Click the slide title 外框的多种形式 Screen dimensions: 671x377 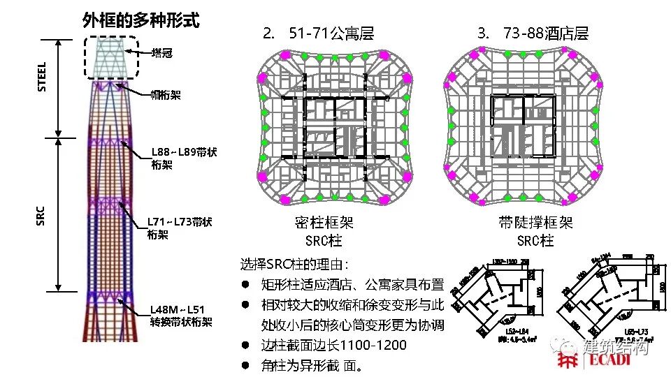140,20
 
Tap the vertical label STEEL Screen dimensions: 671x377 42,76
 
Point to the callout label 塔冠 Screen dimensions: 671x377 163,52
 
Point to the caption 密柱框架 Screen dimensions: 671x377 324,223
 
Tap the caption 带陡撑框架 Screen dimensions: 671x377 535,223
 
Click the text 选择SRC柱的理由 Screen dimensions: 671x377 294,265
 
